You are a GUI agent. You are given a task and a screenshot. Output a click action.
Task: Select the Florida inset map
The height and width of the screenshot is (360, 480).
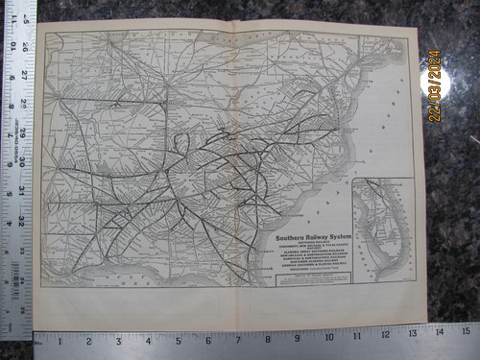(x=383, y=228)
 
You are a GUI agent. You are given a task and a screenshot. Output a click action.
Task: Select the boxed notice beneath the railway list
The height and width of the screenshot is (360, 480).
(x=313, y=280)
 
